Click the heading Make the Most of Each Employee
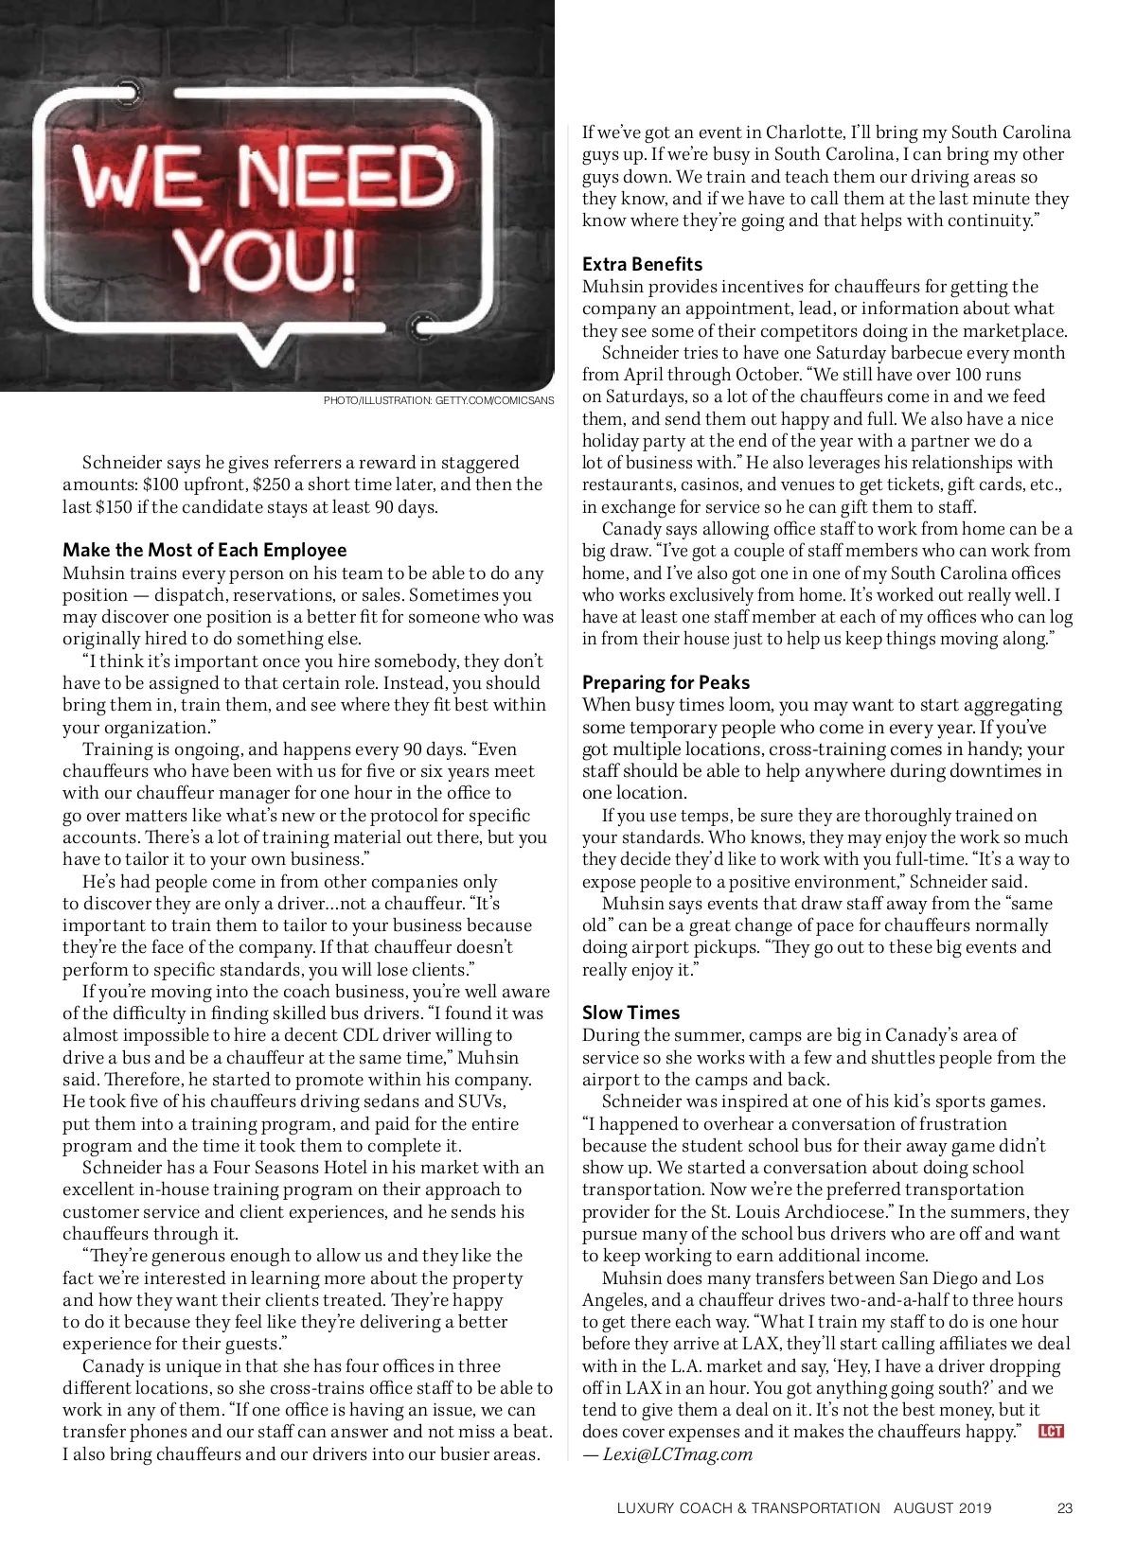pyautogui.click(x=204, y=550)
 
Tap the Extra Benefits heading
pyautogui.click(x=642, y=264)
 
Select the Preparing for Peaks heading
pyautogui.click(x=666, y=682)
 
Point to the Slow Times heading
pyautogui.click(x=630, y=1013)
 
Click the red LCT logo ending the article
pyautogui.click(x=1051, y=1431)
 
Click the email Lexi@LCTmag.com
pyautogui.click(x=678, y=1454)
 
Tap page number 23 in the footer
pyautogui.click(x=1065, y=1508)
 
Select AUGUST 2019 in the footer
pyautogui.click(x=942, y=1508)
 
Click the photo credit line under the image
pyautogui.click(x=438, y=400)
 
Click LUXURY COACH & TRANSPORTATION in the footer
pyautogui.click(x=748, y=1508)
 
